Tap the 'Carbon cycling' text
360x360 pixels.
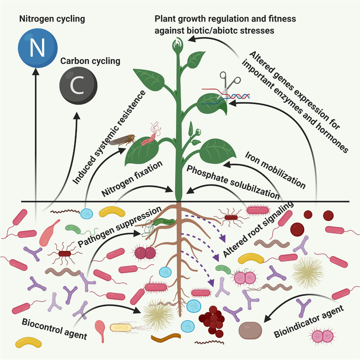pyautogui.click(x=90, y=61)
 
